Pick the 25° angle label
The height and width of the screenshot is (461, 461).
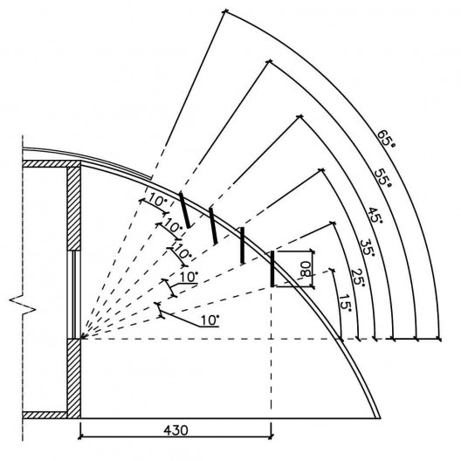(x=358, y=277)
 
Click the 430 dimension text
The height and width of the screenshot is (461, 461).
(x=175, y=430)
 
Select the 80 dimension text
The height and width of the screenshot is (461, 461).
(x=306, y=269)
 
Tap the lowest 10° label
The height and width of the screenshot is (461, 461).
(x=210, y=320)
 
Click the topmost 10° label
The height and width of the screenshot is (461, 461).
(x=157, y=200)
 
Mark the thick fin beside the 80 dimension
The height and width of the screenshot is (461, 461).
(x=272, y=269)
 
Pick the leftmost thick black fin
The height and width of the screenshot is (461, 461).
(x=185, y=210)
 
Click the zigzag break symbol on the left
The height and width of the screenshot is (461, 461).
(x=23, y=305)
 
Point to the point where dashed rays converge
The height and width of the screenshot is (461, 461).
(x=81, y=339)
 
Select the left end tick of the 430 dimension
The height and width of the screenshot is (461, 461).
(x=80, y=437)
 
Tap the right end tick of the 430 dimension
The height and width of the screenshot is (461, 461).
(x=271, y=437)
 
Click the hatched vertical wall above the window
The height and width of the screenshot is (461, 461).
(x=73, y=209)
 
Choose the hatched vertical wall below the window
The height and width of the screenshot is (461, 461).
(x=73, y=378)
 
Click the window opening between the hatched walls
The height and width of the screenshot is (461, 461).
(x=73, y=294)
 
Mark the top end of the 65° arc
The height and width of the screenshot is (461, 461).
(x=225, y=11)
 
